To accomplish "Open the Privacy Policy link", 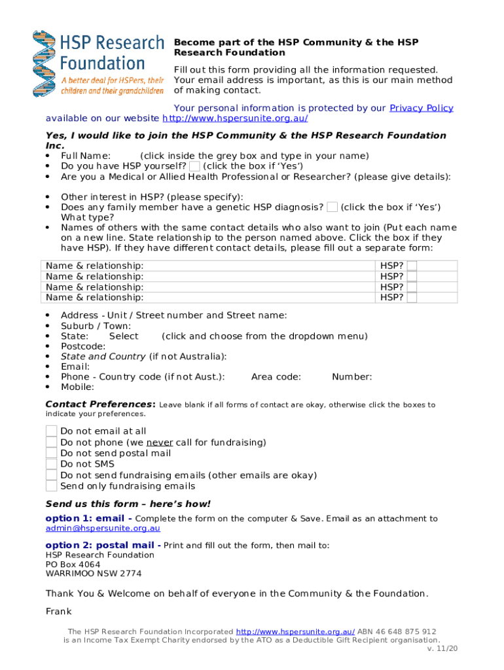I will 421,108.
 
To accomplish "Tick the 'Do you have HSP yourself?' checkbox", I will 194,166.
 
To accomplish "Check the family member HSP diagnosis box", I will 332,207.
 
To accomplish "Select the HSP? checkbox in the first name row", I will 412,266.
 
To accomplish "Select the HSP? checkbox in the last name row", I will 412,298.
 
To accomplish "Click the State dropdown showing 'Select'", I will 124,336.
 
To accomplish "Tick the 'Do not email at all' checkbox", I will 51,431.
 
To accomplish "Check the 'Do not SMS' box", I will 51,465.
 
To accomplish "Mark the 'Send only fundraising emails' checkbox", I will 51,486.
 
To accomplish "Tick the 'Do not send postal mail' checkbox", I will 51,453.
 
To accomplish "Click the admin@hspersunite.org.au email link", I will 103,529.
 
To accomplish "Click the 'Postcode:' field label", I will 82,346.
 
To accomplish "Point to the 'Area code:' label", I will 276,377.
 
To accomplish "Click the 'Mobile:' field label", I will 78,387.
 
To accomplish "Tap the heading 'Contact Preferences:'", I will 100,404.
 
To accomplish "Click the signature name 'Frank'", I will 58,612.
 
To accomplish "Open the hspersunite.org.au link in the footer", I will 295,631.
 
